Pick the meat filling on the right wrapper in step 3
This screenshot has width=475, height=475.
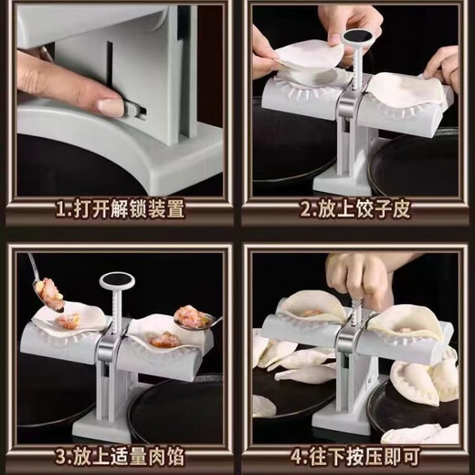(165, 339)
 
